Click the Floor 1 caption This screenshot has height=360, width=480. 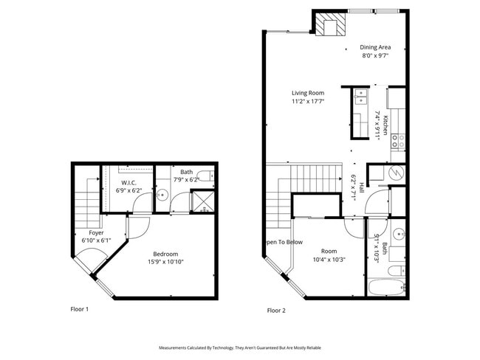tap(79, 309)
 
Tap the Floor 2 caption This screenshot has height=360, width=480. tap(275, 311)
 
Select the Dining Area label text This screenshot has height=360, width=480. tap(375, 46)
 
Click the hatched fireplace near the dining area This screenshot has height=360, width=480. tap(330, 24)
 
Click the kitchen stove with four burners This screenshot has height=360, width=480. tap(397, 137)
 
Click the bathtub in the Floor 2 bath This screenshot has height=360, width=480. tap(385, 288)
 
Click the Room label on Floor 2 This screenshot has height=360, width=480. tap(329, 251)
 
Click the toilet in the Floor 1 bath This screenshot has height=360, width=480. tap(209, 176)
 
